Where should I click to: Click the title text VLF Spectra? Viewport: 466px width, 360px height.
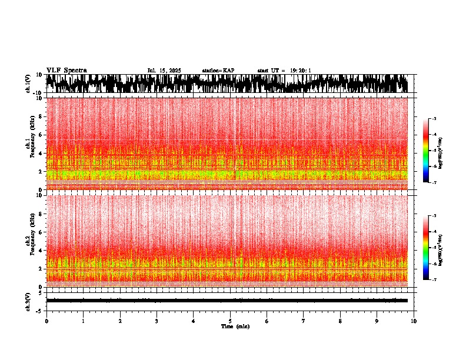(x=66, y=71)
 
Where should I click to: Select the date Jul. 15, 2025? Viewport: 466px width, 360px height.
(x=164, y=71)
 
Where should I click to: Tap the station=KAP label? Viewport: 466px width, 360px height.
(x=218, y=71)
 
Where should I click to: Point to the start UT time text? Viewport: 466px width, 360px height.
(x=284, y=71)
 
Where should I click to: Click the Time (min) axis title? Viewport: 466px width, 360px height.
(x=235, y=326)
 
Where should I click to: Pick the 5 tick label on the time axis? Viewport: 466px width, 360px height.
(x=230, y=321)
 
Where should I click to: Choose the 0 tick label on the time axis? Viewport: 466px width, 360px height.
(x=46, y=321)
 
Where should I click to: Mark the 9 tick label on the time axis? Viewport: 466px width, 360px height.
(x=377, y=321)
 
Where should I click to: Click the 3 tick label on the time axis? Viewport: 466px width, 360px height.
(x=157, y=321)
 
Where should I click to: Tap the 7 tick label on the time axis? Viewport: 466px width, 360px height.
(x=304, y=321)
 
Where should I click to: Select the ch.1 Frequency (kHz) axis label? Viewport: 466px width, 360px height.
(x=30, y=144)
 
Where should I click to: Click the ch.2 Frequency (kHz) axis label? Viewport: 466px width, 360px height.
(x=30, y=241)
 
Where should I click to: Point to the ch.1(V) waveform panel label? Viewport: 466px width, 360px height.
(x=28, y=84)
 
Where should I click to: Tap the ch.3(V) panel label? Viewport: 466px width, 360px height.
(x=28, y=301)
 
